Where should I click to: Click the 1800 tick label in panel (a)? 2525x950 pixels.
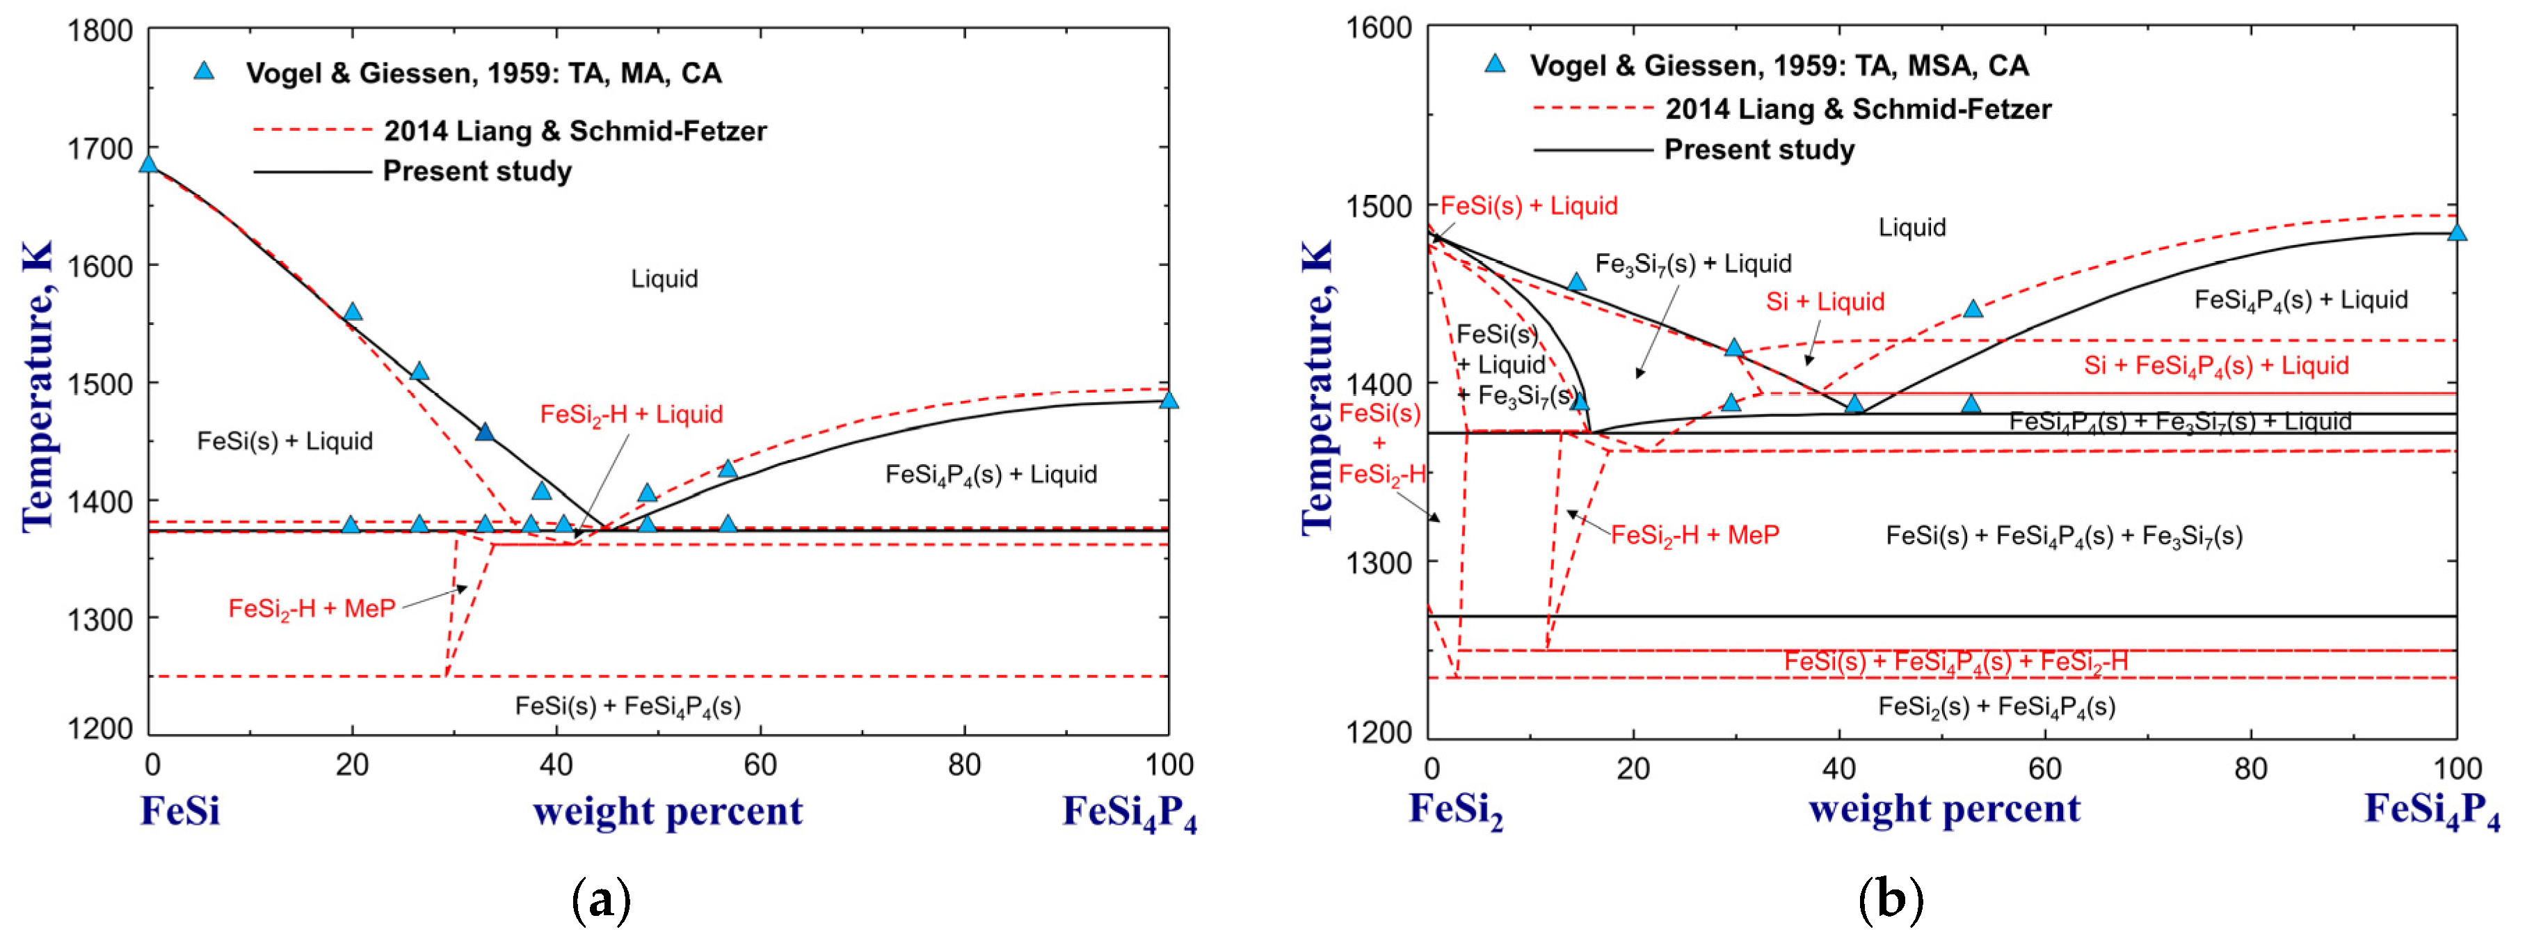pos(100,31)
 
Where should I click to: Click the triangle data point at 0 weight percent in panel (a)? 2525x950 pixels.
pos(149,164)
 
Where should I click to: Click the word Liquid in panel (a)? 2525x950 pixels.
pos(664,279)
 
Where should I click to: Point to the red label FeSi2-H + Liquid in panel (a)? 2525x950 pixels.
pos(632,415)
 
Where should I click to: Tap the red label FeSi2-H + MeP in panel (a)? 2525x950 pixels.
pos(312,609)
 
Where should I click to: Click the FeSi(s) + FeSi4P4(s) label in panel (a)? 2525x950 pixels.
pos(627,706)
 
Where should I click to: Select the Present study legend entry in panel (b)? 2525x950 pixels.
pos(1758,150)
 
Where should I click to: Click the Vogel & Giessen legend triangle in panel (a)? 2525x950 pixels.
pos(204,70)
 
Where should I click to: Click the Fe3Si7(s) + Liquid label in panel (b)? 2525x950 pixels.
pos(1693,264)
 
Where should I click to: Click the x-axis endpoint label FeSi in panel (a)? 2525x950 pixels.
pos(179,812)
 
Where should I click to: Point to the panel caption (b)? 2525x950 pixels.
pos(1890,900)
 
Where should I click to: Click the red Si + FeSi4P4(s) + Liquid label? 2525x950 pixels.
pos(2215,365)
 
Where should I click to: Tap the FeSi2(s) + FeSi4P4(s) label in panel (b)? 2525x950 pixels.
pos(1996,707)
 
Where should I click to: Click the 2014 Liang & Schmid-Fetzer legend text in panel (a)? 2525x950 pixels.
pos(575,130)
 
